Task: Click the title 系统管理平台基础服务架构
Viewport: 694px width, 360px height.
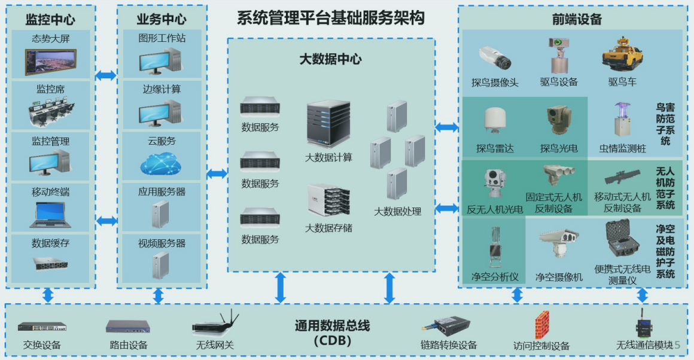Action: (330, 19)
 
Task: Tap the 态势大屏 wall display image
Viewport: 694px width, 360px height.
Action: (51, 62)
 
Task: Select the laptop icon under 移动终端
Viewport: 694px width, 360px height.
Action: (51, 215)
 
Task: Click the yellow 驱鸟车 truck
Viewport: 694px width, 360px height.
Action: (622, 56)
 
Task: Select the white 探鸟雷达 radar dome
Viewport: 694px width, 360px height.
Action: (495, 123)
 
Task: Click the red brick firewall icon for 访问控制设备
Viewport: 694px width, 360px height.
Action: (541, 325)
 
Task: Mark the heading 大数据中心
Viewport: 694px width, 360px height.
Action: (330, 59)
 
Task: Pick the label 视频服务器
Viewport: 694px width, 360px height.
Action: (162, 243)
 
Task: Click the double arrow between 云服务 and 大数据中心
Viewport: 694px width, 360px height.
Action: (217, 173)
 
